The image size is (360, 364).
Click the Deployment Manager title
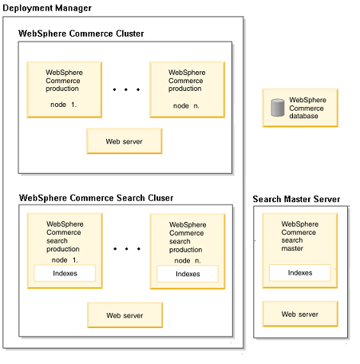point(47,8)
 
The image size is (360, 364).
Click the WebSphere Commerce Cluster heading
point(81,34)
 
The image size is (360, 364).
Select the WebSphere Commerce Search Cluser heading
point(96,198)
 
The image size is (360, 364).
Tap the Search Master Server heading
point(296,199)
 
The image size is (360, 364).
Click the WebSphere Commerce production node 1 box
point(64,89)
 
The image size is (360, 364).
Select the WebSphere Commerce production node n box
point(187,89)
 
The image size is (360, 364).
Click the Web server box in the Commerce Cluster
point(125,141)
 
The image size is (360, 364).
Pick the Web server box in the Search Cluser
point(125,315)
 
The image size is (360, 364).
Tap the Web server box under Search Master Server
point(300,314)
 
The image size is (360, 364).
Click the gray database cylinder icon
point(278,108)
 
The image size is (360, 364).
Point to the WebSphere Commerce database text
point(307,108)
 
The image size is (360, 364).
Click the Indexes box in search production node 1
point(65,273)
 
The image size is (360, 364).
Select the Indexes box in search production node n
point(188,274)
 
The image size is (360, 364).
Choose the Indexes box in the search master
point(300,273)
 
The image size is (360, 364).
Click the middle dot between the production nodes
point(126,89)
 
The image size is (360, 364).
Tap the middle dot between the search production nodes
point(126,249)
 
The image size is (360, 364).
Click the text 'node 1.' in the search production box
point(65,260)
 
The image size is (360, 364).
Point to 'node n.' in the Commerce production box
point(186,106)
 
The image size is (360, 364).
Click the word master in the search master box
point(292,248)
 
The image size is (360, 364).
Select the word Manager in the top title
point(73,8)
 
